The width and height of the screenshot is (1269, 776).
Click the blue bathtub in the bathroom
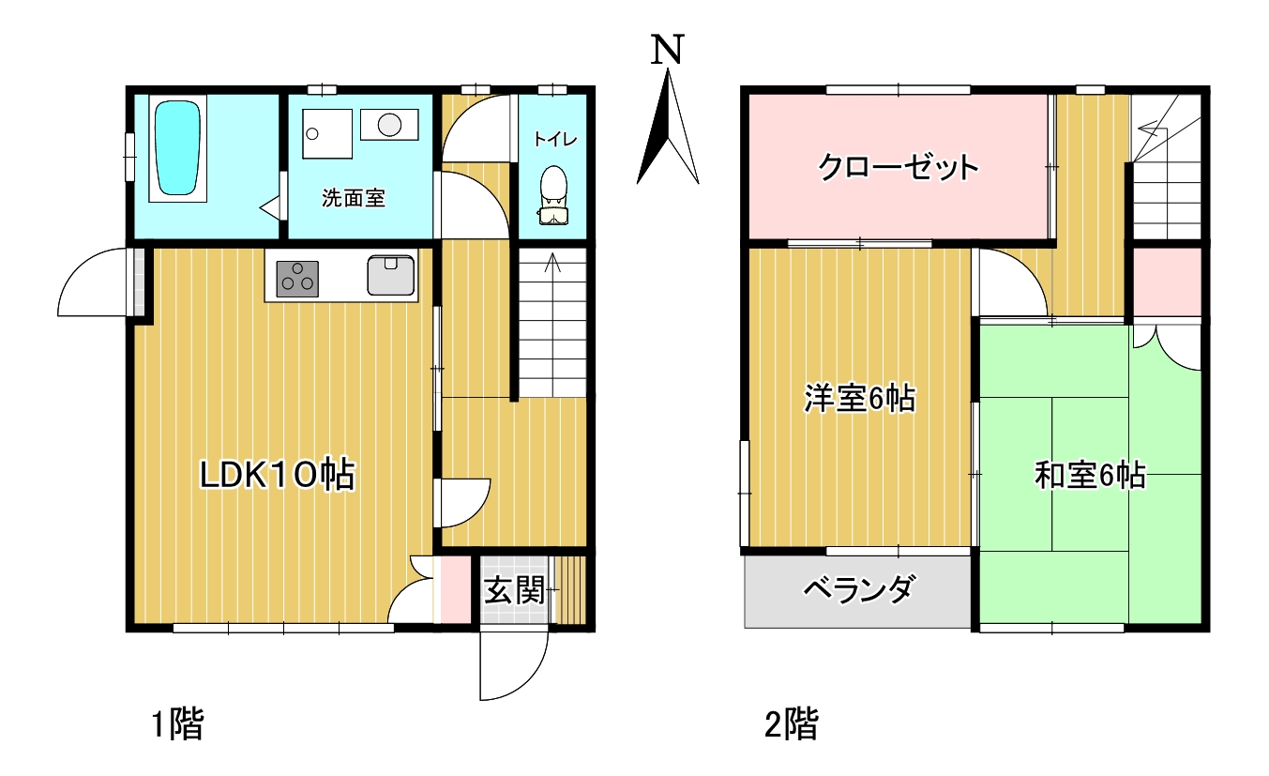click(177, 148)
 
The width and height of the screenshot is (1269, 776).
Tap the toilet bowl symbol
click(553, 195)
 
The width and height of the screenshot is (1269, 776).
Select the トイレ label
click(554, 140)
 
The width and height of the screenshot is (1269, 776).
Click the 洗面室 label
click(354, 198)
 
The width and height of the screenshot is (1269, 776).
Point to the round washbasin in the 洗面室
click(390, 124)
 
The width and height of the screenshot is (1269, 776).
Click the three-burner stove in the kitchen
click(297, 279)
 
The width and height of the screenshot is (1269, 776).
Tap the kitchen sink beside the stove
click(390, 276)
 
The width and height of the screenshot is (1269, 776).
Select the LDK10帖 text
click(278, 475)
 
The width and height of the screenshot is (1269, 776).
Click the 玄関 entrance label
click(514, 590)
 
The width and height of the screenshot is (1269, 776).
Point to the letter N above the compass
click(668, 50)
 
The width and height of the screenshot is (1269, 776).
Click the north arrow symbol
click(668, 126)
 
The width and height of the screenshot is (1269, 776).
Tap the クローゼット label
click(898, 167)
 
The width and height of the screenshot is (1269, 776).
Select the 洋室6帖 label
click(860, 399)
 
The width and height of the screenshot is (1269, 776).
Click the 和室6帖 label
click(1090, 475)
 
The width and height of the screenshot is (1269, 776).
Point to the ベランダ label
click(858, 589)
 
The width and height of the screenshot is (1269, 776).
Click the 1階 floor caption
click(177, 723)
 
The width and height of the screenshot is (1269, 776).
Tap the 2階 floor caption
click(792, 723)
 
